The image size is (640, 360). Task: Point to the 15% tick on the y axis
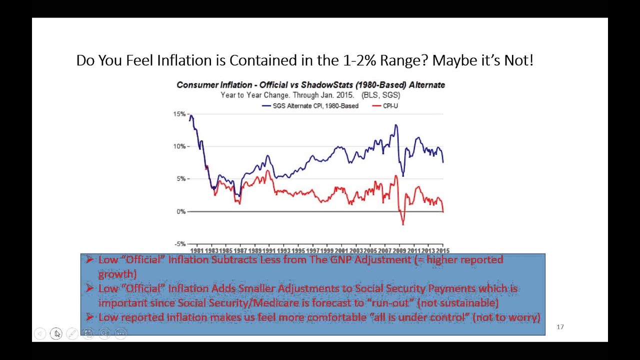[x=179, y=114]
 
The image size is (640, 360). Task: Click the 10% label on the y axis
[x=179, y=146]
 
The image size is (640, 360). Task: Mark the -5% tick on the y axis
[x=180, y=244]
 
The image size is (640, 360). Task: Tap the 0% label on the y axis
[x=181, y=211]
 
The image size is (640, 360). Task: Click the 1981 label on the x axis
[x=197, y=250]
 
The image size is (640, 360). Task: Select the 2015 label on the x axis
[x=442, y=250]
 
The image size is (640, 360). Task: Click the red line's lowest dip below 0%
[x=403, y=224]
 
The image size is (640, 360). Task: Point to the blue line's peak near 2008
[x=396, y=125]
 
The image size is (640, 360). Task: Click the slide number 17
[x=560, y=327]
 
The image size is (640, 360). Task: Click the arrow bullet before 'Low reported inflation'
[x=89, y=317]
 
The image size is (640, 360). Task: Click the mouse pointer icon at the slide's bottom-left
[x=56, y=333]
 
